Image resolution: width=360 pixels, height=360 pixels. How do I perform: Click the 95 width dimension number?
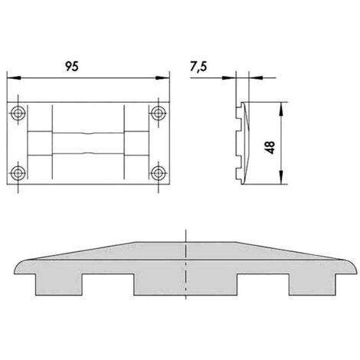click(x=72, y=67)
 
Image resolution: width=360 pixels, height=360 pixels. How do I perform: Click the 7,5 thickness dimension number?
click(x=198, y=67)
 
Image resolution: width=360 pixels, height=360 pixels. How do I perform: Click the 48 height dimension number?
click(x=270, y=148)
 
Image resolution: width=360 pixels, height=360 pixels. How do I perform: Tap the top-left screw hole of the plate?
click(x=18, y=113)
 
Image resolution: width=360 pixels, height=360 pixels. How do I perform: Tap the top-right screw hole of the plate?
click(x=159, y=113)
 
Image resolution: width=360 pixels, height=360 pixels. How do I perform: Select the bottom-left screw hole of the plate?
click(x=18, y=173)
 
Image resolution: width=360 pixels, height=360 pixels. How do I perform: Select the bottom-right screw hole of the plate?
click(x=159, y=173)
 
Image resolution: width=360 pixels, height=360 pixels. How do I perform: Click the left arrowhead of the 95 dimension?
click(x=14, y=77)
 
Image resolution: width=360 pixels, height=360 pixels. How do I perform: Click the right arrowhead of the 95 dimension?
click(x=162, y=77)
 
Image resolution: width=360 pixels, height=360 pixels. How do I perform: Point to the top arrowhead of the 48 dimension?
click(x=281, y=109)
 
